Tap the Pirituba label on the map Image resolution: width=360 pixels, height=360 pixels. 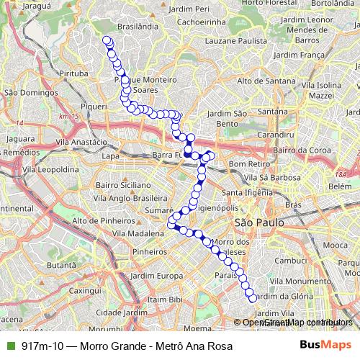click(74, 73)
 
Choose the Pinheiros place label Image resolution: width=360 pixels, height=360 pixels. click(150, 252)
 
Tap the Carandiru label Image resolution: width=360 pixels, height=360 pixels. click(276, 135)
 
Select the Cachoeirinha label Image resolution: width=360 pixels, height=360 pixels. click(193, 22)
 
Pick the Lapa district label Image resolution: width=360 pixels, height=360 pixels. click(110, 156)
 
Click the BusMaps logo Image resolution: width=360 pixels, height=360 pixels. click(326, 346)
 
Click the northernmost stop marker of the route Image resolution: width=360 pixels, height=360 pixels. click(107, 40)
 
